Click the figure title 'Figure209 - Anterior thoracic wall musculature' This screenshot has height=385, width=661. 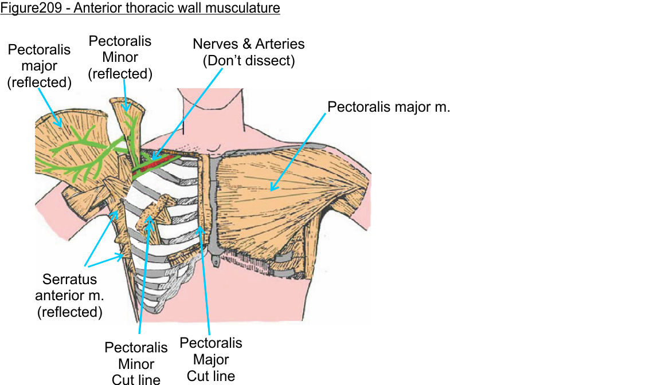140,9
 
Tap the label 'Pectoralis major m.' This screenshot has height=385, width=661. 389,107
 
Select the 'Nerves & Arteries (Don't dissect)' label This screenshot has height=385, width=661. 248,52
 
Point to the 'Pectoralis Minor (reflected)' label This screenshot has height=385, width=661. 120,57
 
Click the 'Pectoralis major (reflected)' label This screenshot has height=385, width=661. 39,66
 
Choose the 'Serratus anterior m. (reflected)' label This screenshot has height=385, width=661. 69,296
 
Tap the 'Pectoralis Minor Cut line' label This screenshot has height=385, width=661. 136,363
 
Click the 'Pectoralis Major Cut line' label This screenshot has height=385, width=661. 211,359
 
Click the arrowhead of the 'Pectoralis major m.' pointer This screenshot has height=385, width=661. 272,188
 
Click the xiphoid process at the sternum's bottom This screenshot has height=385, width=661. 214,262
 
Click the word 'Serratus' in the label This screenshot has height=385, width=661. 69,281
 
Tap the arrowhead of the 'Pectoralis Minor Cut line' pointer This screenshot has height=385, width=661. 150,221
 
